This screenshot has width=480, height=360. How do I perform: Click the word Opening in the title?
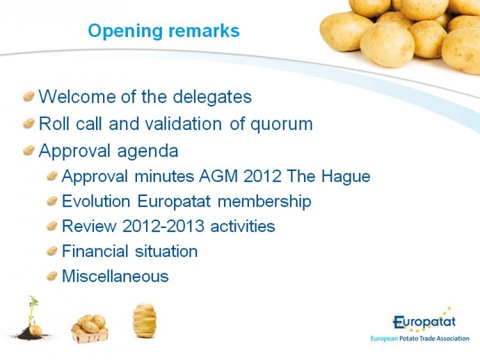click(x=125, y=31)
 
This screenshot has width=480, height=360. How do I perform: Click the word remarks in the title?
click(x=204, y=31)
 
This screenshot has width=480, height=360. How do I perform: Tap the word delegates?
click(x=212, y=97)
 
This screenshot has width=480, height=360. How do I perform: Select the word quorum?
click(x=282, y=125)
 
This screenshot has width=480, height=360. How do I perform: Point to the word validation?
click(x=184, y=124)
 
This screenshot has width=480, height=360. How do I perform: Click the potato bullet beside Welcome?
click(x=28, y=97)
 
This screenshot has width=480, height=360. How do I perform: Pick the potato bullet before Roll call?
click(x=28, y=124)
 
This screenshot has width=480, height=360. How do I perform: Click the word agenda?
click(x=148, y=152)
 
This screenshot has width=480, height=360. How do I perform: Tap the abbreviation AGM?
click(x=218, y=176)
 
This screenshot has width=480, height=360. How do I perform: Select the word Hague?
click(x=346, y=177)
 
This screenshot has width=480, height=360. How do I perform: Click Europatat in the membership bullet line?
click(x=174, y=202)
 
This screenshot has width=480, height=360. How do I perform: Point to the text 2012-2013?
click(x=163, y=226)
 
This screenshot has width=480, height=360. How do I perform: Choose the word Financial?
click(x=95, y=251)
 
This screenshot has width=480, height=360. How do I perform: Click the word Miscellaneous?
click(x=115, y=276)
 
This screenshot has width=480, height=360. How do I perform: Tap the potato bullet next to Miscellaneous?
click(x=52, y=276)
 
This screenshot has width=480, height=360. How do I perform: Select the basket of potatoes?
click(x=90, y=329)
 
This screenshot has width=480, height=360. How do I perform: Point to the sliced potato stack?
click(x=145, y=320)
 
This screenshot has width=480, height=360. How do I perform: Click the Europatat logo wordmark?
click(x=424, y=322)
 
